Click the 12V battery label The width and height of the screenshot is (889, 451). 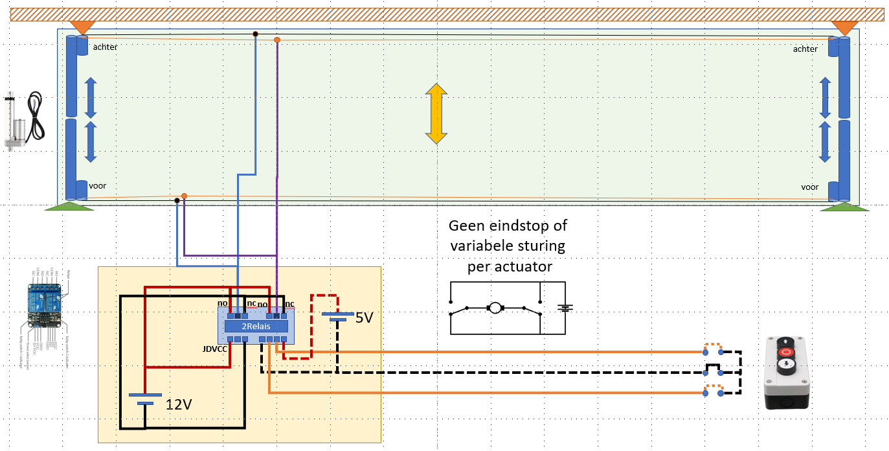(x=179, y=406)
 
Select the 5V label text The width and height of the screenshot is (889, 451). (x=364, y=318)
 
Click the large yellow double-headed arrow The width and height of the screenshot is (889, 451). (x=437, y=113)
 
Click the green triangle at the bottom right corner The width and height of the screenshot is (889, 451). (x=844, y=207)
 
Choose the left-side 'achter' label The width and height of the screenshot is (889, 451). (x=104, y=47)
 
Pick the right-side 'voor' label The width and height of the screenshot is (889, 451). (x=810, y=187)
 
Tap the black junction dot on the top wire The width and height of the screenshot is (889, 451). (x=256, y=34)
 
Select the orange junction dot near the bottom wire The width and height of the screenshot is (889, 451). (x=185, y=196)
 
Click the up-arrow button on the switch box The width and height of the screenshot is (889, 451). (x=786, y=340)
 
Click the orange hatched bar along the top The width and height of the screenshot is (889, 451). (x=447, y=14)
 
